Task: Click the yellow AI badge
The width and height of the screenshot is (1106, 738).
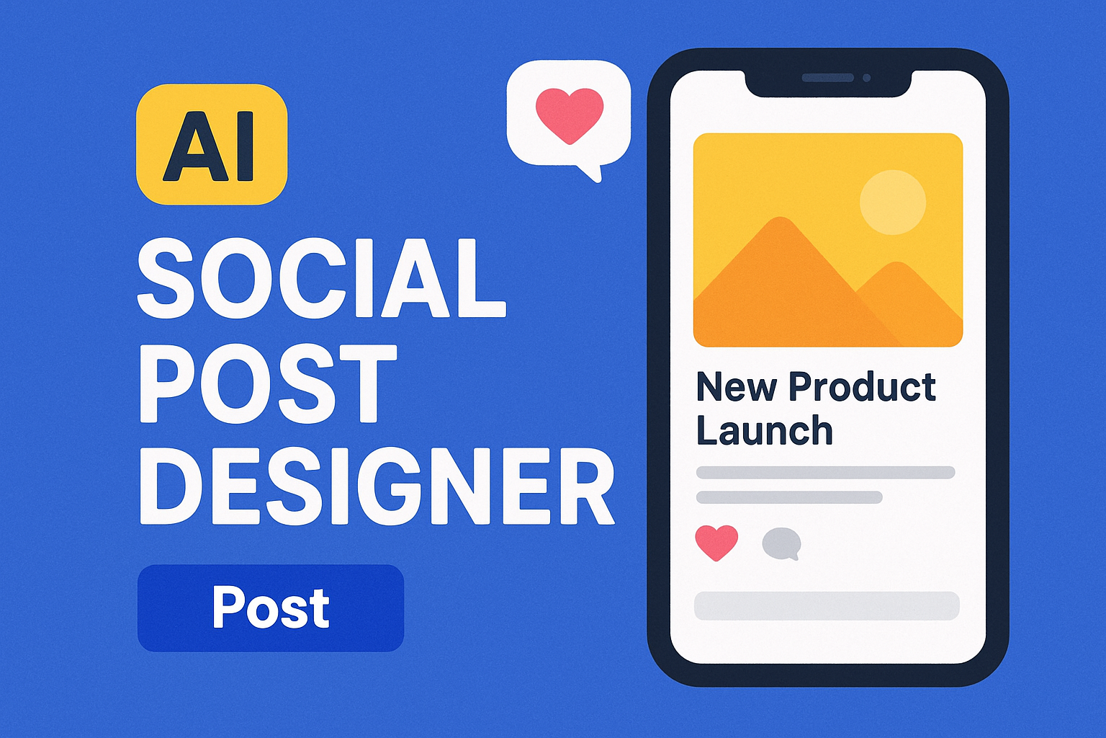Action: [x=212, y=144]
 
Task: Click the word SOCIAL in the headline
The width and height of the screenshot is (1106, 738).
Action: [x=321, y=278]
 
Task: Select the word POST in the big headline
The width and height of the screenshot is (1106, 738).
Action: [x=267, y=383]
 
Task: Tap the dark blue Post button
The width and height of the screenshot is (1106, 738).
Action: [x=271, y=608]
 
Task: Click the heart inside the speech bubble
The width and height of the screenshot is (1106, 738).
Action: [x=569, y=114]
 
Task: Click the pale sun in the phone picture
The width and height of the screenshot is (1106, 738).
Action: [x=893, y=202]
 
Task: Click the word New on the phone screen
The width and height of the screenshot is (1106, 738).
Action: [x=737, y=387]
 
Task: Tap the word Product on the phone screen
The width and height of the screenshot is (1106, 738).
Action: [x=862, y=387]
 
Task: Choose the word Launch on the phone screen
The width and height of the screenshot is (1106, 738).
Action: [x=765, y=430]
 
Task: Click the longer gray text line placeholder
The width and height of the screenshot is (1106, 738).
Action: [x=825, y=473]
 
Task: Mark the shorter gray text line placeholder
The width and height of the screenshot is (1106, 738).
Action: [x=789, y=497]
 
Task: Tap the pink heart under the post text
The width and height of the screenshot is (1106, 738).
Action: [x=716, y=542]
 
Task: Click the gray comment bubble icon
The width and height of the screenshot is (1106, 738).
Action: [x=781, y=543]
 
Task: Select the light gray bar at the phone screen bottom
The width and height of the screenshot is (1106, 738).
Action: [x=827, y=606]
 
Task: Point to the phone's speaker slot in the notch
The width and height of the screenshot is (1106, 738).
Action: [x=827, y=77]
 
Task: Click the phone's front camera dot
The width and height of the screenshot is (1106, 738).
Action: [x=866, y=77]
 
